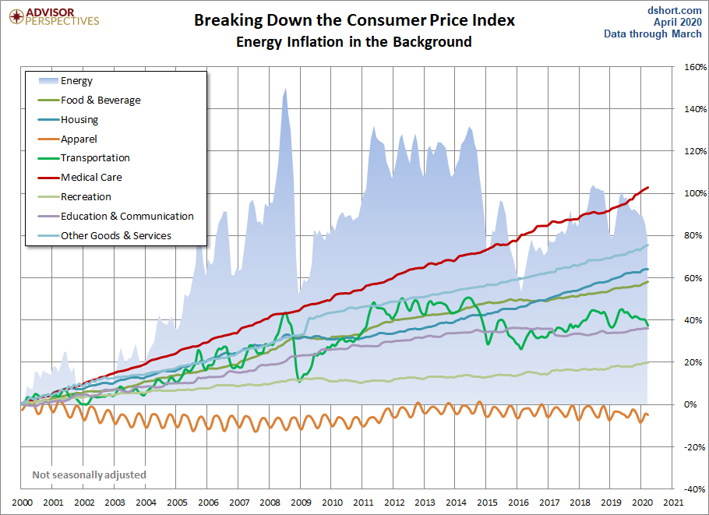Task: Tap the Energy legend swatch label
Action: point(77,80)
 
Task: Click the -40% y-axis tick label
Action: point(694,489)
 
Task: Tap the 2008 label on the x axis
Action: point(270,503)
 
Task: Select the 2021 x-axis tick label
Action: point(674,503)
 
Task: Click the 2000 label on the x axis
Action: point(22,503)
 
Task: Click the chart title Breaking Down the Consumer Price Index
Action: point(354,20)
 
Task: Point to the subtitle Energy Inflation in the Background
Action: point(354,41)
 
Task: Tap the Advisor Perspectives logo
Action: point(55,17)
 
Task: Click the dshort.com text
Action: point(675,10)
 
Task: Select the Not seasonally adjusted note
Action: point(89,474)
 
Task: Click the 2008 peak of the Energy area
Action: point(285,88)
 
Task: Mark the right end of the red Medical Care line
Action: point(648,187)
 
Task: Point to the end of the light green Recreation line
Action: point(648,362)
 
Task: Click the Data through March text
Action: point(653,34)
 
